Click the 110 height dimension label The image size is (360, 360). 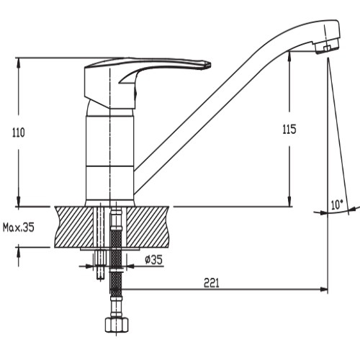19,132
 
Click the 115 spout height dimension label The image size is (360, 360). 289,130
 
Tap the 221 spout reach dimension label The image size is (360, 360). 212,283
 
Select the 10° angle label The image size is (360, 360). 337,204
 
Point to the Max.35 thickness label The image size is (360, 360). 19,228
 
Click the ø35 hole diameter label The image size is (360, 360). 153,260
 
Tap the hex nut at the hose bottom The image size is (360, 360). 117,325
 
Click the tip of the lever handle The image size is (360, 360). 210,65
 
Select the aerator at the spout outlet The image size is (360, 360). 327,48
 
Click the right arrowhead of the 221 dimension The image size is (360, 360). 324,289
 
